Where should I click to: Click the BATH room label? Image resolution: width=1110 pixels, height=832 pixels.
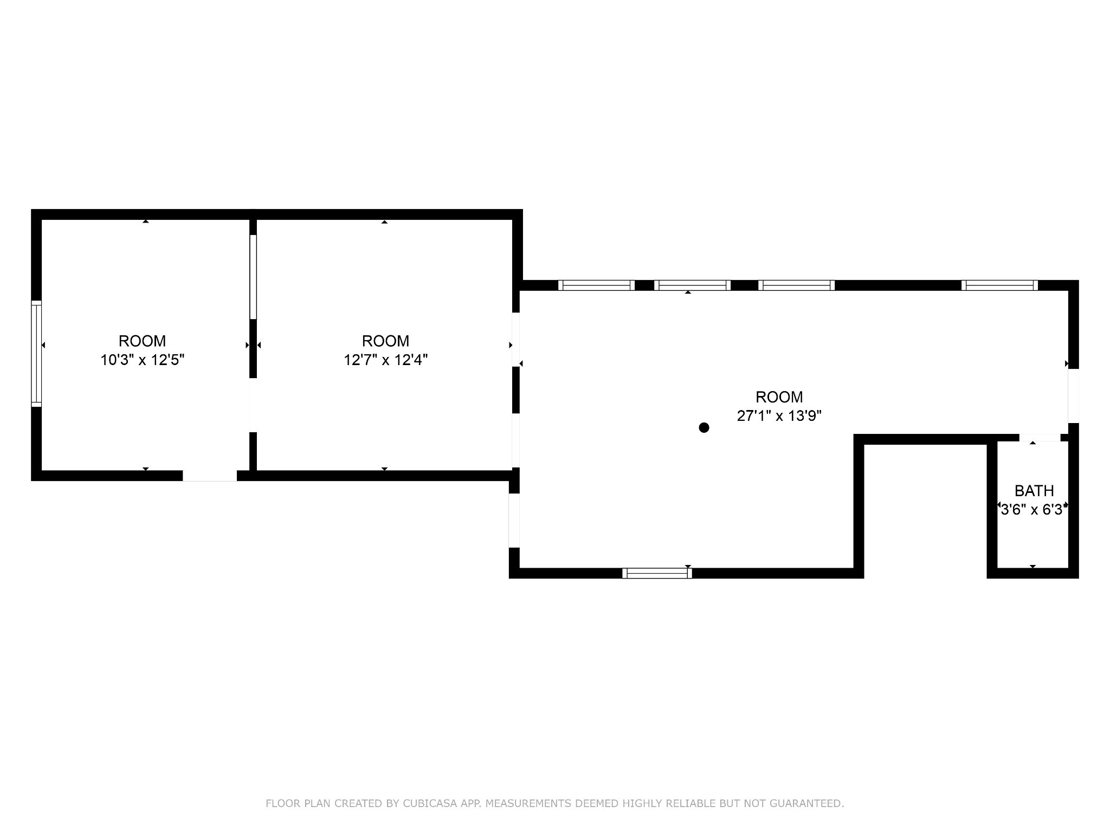point(1034,491)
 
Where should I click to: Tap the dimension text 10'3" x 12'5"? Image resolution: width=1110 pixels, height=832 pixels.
point(143,360)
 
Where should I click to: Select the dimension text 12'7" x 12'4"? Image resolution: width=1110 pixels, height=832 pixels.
point(386,360)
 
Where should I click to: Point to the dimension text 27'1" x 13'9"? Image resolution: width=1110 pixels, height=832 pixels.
point(779,416)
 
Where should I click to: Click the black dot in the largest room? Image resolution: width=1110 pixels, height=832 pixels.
point(704,428)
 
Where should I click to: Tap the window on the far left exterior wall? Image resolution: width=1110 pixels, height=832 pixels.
point(36,354)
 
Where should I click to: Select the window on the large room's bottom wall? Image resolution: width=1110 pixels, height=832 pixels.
point(657,573)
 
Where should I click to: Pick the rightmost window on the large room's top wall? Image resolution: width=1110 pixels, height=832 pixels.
point(999,285)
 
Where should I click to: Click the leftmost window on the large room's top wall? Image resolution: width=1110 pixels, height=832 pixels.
point(596,285)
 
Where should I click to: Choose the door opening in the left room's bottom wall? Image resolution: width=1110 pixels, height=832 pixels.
point(210,476)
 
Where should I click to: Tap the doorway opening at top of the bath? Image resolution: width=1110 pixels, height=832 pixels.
point(1040,438)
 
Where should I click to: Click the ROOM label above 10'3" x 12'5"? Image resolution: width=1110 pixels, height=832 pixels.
point(143,341)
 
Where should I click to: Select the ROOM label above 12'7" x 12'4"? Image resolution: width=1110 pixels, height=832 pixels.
point(386,341)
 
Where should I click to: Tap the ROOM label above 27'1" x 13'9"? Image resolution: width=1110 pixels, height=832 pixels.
point(779,397)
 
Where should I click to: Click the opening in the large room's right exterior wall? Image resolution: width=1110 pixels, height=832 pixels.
point(1073,396)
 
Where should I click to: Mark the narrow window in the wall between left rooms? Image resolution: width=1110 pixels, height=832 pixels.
point(253,277)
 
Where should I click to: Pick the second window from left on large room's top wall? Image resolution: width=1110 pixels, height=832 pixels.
point(693,285)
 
